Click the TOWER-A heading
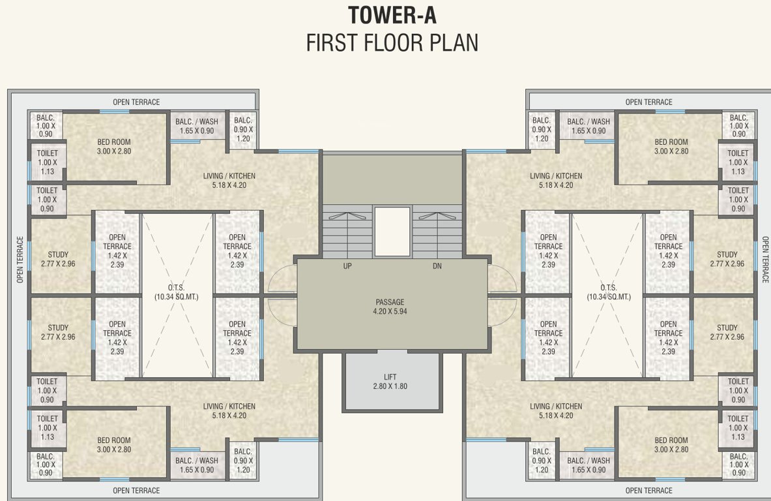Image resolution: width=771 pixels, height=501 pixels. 392,14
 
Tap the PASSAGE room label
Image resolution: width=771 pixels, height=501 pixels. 390,302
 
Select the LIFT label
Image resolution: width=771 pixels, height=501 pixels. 391,377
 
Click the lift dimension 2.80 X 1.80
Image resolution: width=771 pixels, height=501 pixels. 391,386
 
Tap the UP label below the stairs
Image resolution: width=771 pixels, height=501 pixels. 348,266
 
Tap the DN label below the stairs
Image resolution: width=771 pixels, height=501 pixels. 437,266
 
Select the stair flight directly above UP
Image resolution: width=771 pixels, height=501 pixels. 347,232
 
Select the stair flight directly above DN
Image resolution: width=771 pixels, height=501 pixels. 437,232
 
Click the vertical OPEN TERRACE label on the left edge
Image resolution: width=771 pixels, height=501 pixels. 20,259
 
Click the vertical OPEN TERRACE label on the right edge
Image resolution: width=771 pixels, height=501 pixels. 765,259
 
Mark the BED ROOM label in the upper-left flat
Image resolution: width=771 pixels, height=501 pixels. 114,142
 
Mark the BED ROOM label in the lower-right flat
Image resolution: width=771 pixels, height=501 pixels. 671,440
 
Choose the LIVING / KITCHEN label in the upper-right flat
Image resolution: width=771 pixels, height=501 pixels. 556,176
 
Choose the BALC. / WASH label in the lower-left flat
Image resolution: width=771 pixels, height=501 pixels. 197,461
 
